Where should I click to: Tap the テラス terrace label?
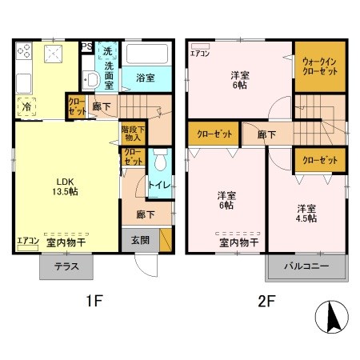pos(66,266)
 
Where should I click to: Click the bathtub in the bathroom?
pos(148,55)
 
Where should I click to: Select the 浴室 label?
pos(144,78)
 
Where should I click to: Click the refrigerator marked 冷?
pos(27,106)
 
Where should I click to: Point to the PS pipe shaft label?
pos(86,46)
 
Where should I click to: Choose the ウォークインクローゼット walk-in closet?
pos(319,65)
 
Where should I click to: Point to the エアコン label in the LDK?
pos(27,238)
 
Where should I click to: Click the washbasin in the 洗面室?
pos(91,79)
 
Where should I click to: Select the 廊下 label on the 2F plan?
pos(267,134)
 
